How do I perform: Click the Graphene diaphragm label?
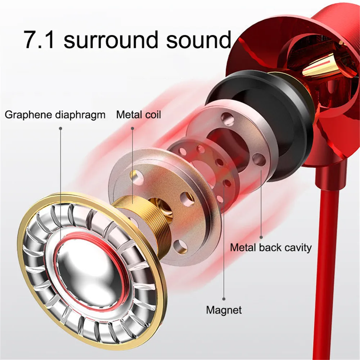tap(55, 115)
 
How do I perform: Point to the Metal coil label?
tap(139, 115)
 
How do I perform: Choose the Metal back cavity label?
tap(271, 248)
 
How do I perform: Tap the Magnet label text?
tap(224, 310)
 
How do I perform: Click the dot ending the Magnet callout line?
tap(224, 298)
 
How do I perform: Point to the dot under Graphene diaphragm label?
tap(60, 128)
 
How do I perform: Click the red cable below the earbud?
tap(326, 252)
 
